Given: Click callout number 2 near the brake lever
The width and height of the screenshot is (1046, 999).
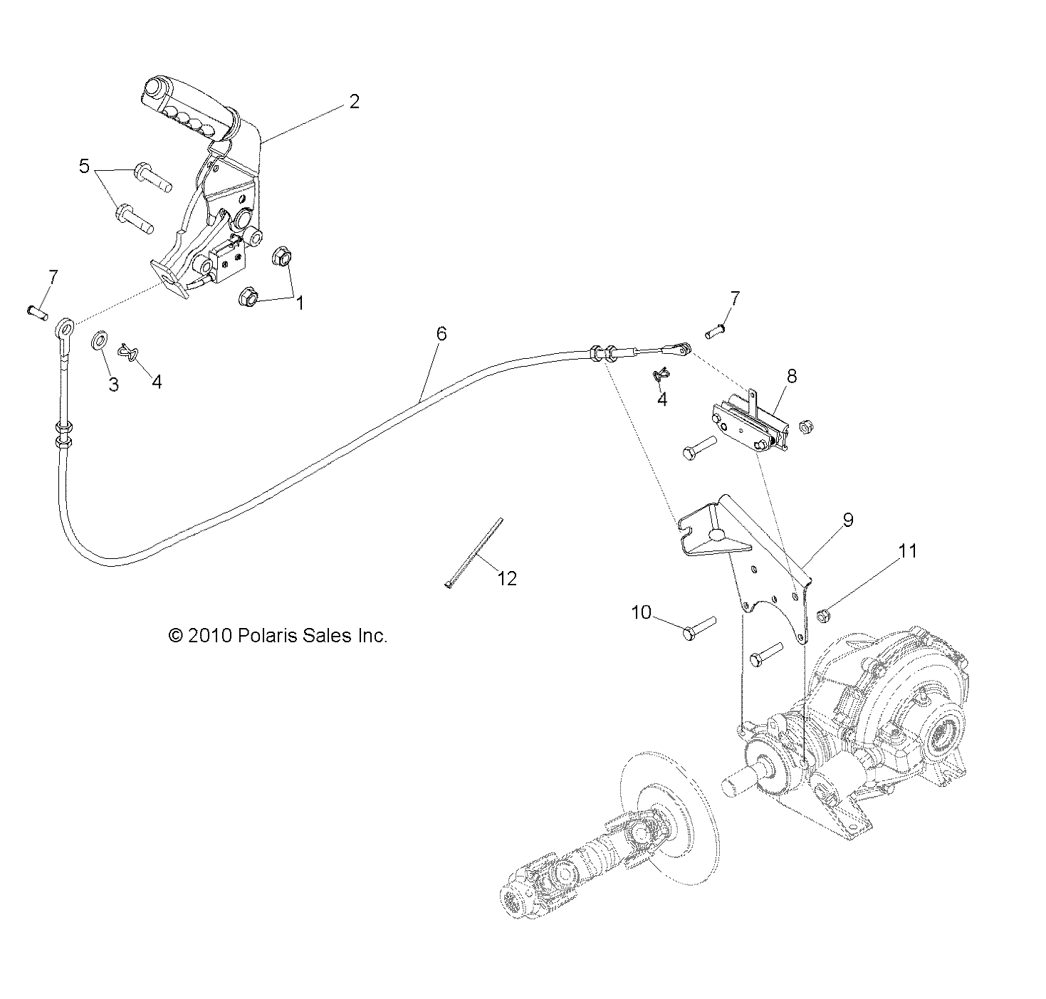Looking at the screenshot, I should point(354,101).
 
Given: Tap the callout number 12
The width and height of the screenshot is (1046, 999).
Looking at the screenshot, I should point(507,578).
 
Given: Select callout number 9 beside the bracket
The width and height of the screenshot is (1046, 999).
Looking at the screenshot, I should point(847,521).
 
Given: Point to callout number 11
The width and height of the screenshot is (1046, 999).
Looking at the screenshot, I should point(907,551).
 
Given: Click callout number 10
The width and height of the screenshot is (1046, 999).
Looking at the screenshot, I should point(642,612).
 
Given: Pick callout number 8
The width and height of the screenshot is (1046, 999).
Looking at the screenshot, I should point(792,376).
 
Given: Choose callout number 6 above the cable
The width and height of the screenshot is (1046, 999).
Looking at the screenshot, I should point(441,334).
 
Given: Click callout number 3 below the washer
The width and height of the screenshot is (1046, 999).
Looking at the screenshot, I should point(113,384).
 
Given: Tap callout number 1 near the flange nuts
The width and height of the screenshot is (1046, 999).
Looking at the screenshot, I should point(300,303).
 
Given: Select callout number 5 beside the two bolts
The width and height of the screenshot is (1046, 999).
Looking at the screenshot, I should point(84,167).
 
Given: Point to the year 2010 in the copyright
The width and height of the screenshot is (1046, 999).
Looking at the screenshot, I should point(206,636).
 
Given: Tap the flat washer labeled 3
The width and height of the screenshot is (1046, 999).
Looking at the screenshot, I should point(100,340).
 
